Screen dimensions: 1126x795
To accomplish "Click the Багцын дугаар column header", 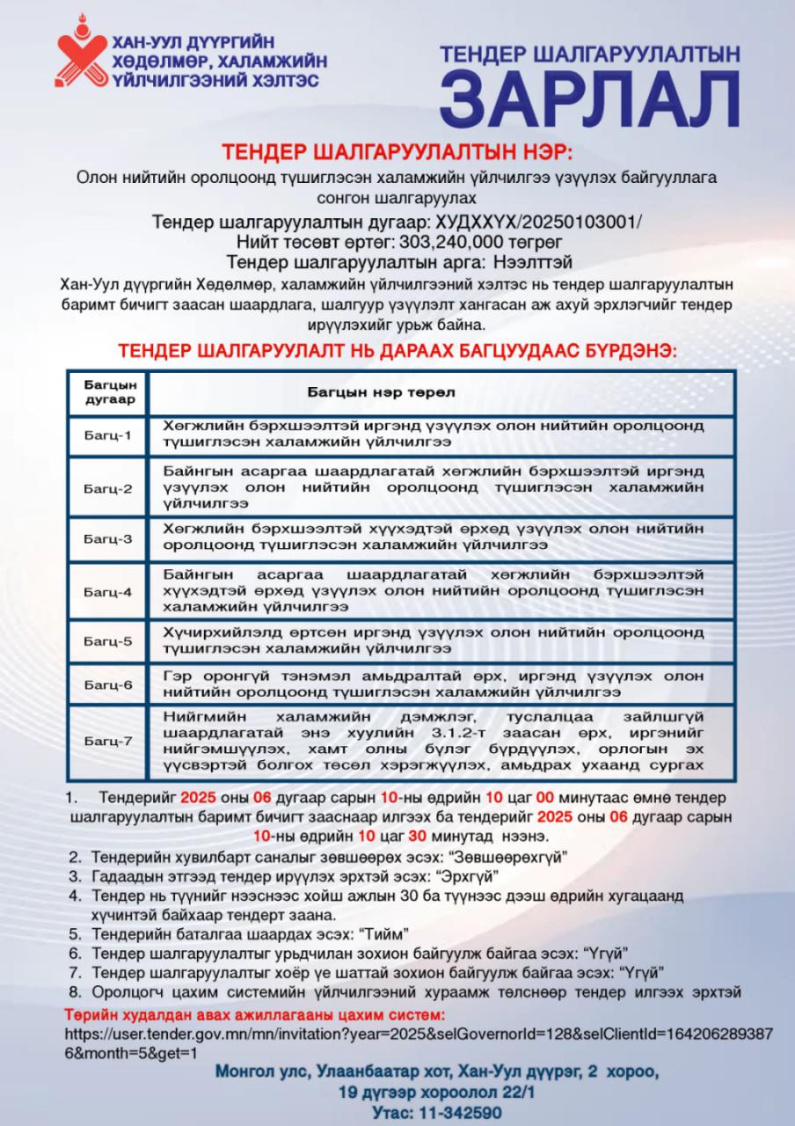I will [x=109, y=392].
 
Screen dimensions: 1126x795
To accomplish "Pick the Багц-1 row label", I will [x=108, y=435].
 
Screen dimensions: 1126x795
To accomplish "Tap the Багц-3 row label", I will [x=108, y=538].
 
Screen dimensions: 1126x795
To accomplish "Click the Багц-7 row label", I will [x=108, y=741].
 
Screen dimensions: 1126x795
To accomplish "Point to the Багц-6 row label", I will [x=108, y=685].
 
